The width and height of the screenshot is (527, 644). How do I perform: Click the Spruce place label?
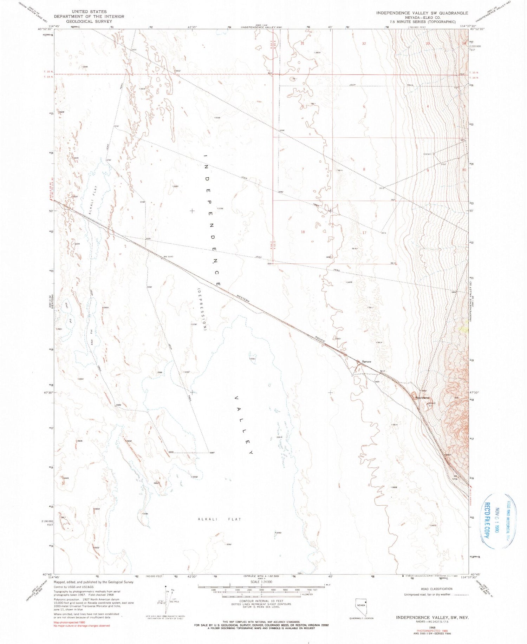tap(367, 361)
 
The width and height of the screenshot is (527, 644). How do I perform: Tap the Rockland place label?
tap(422, 397)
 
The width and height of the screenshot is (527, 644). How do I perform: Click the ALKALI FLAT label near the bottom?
tap(220, 519)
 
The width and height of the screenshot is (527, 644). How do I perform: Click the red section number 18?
tap(303, 232)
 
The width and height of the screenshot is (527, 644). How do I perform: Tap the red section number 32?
tap(364, 44)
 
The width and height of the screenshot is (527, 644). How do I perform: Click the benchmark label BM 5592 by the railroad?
tap(168, 256)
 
